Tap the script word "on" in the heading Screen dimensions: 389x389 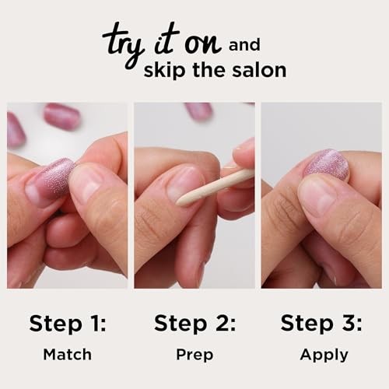207,40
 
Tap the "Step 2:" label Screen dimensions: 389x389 194,322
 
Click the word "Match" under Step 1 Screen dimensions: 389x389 67,354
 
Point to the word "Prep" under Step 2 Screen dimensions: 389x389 194,354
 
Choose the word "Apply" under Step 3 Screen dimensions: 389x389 324,355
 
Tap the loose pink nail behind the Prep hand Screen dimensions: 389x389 199,110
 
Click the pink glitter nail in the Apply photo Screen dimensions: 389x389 327,164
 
